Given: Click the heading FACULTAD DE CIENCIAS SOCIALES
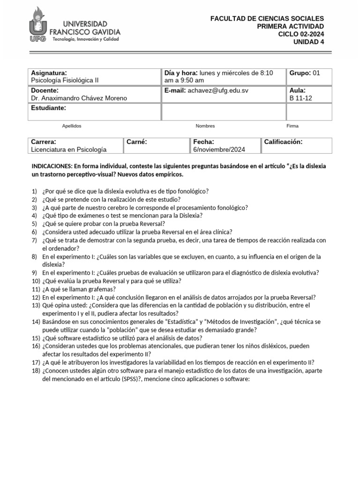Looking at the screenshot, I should coord(267,18).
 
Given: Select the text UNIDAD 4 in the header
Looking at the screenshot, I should coord(308,41).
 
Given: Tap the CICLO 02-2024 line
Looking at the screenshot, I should coord(300,34).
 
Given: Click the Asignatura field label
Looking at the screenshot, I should coord(49,73).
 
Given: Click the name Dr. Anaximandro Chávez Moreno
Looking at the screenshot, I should coord(79,98).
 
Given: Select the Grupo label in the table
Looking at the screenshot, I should coord(300,73).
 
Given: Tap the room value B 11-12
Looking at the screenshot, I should coord(300,98).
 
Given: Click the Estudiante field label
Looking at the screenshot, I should coord(48,108).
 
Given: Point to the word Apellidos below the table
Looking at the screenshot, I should coord(72,126).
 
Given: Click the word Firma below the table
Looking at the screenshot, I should coord(292,126).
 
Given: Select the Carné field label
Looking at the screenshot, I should coord(137,142).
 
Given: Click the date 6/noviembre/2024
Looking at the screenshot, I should coord(219,150).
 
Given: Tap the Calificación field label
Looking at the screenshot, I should coord(283,142).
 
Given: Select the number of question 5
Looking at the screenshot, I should coord(34,224).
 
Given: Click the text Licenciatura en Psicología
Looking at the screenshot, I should coord(69,150).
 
